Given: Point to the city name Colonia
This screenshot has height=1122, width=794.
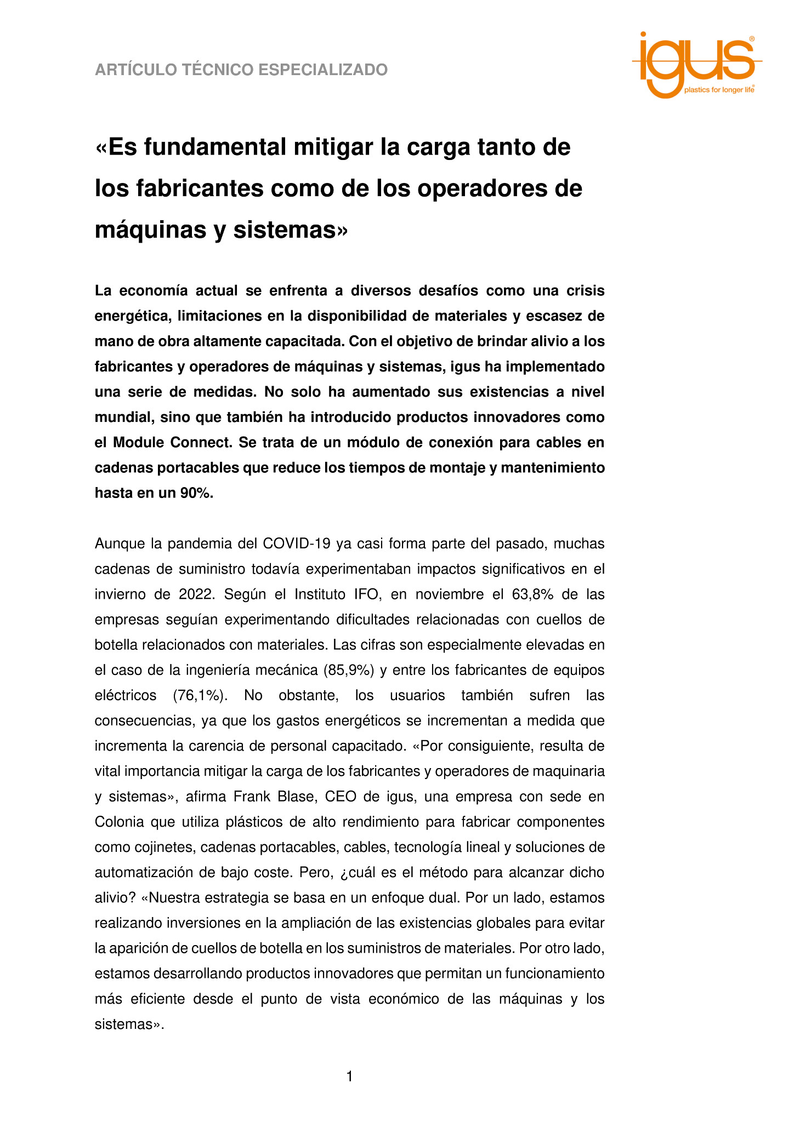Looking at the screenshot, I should (x=120, y=822).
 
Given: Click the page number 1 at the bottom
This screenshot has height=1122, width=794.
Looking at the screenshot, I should (x=350, y=1077).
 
